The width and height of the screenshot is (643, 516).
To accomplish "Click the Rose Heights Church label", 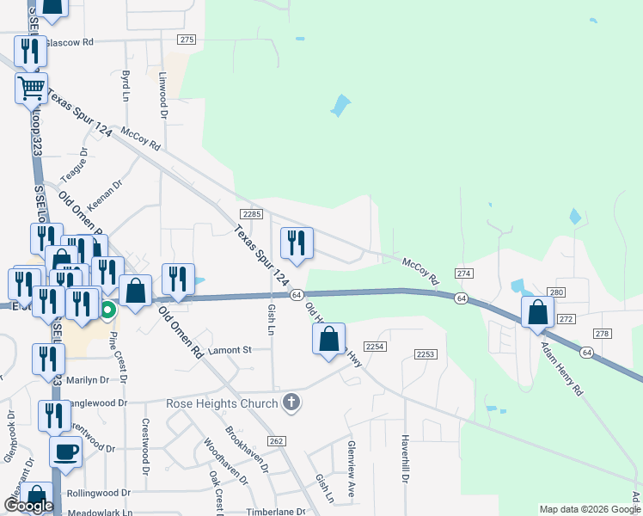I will click(223, 403).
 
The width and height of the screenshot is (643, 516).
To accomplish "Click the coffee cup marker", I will click(66, 451).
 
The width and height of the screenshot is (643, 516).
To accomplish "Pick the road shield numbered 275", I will click(188, 40).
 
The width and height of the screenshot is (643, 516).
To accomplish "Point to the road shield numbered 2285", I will click(251, 214).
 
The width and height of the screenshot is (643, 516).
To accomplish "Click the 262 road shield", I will click(275, 441).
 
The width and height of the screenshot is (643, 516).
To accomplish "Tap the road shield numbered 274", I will click(464, 273).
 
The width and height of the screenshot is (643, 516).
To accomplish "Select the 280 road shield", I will click(556, 293).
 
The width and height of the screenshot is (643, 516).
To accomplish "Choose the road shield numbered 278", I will click(601, 334).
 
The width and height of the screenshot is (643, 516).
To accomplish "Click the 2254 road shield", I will click(374, 346).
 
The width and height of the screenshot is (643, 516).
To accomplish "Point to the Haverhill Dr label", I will click(404, 458).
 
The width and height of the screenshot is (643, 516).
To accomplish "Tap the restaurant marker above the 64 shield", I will click(297, 242).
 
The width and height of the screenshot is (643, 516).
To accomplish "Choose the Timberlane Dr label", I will click(277, 511).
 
